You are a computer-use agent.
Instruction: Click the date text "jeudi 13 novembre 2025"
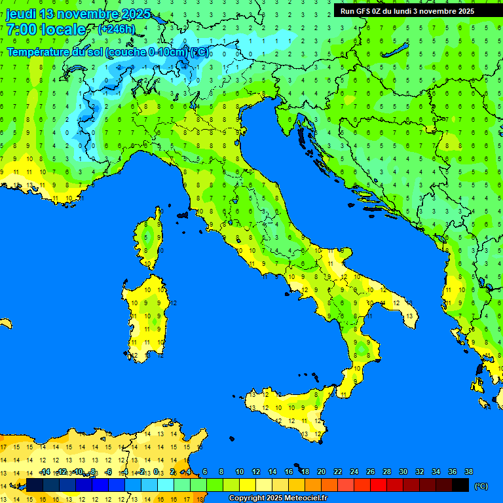point(79,14)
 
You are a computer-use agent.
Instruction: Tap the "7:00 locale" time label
point(46,29)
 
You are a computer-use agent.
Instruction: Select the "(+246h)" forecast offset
point(116,29)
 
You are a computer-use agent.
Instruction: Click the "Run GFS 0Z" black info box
point(407,10)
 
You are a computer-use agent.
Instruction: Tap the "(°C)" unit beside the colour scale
point(481,486)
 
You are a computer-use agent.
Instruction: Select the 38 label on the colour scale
point(469,472)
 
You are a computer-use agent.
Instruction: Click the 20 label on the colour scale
point(322,472)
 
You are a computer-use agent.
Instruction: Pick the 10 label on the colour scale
point(240,472)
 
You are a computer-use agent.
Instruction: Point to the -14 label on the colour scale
point(45,472)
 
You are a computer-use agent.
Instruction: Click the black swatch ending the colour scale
point(460,485)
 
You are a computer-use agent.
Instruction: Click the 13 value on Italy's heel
point(409,316)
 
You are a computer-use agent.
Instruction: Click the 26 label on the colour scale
point(371,472)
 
